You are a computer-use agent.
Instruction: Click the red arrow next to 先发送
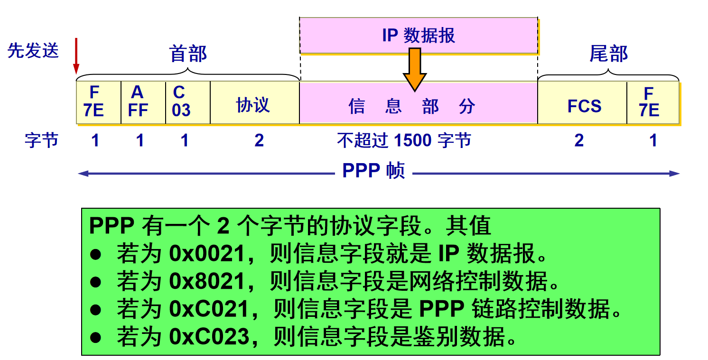[x=75, y=56]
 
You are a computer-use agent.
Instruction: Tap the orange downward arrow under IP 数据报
[x=415, y=69]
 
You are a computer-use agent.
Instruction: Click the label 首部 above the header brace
[x=188, y=54]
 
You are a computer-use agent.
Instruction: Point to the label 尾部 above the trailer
[x=608, y=54]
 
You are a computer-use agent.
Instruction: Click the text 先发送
[x=33, y=50]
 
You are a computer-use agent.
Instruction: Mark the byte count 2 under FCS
[x=579, y=140]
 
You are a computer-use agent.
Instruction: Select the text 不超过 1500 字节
[x=404, y=140]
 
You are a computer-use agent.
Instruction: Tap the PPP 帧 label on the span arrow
[x=373, y=171]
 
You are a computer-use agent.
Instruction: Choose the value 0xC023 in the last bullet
[x=209, y=337]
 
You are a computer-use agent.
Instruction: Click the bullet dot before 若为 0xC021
[x=96, y=310]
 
